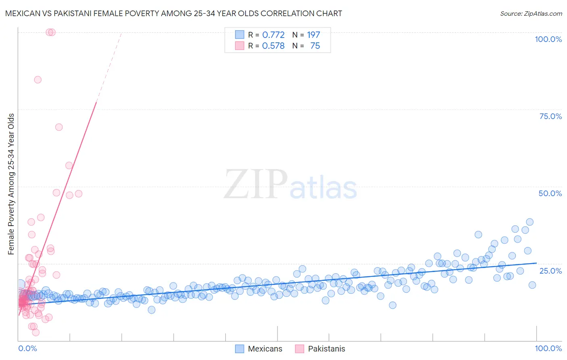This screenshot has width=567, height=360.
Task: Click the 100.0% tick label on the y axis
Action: tap(548, 39)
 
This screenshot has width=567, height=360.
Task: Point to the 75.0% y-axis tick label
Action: tap(550, 116)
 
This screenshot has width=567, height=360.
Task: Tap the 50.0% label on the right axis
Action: tap(550, 193)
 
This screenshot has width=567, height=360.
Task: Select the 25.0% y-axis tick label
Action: tap(550, 270)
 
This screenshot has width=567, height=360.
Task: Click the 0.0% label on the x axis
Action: tap(27, 348)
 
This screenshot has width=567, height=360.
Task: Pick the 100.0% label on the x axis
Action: tap(548, 348)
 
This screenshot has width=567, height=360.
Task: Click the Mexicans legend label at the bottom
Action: tap(265, 349)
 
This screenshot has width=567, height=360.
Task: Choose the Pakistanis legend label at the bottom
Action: tap(326, 349)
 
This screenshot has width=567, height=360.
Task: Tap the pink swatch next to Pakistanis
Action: tap(299, 349)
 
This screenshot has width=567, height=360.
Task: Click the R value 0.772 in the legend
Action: tap(273, 35)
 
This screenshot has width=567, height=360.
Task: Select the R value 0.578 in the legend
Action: tap(273, 46)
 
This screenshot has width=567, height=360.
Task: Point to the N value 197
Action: tap(313, 35)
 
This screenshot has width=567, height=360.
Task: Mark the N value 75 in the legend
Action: tap(315, 46)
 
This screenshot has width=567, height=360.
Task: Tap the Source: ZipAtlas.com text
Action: tap(531, 13)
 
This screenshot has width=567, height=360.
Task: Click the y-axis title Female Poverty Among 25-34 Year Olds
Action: tap(11, 184)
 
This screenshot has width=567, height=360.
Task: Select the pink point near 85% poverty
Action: tap(38, 80)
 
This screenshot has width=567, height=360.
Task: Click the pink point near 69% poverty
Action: tap(59, 127)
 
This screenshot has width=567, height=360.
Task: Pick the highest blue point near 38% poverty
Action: tap(529, 222)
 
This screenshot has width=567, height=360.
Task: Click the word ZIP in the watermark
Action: tap(256, 184)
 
